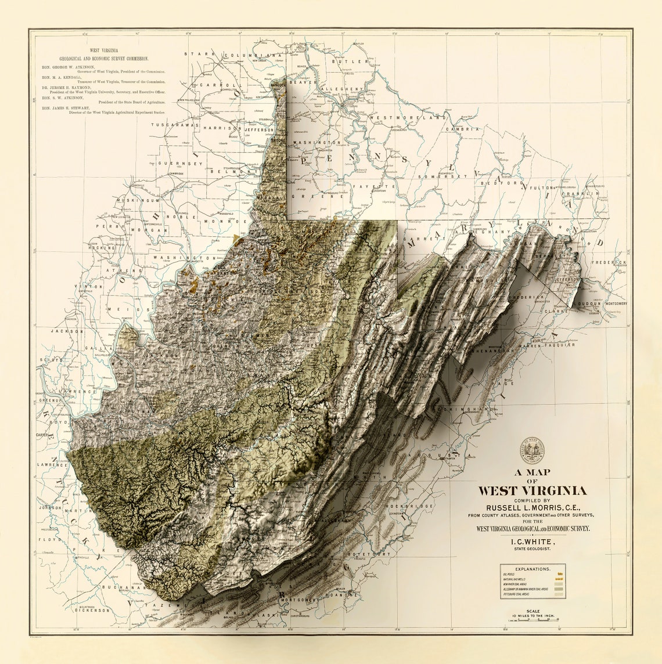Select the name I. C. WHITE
(532, 541)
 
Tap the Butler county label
(355, 61)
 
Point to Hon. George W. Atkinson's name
(68, 67)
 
